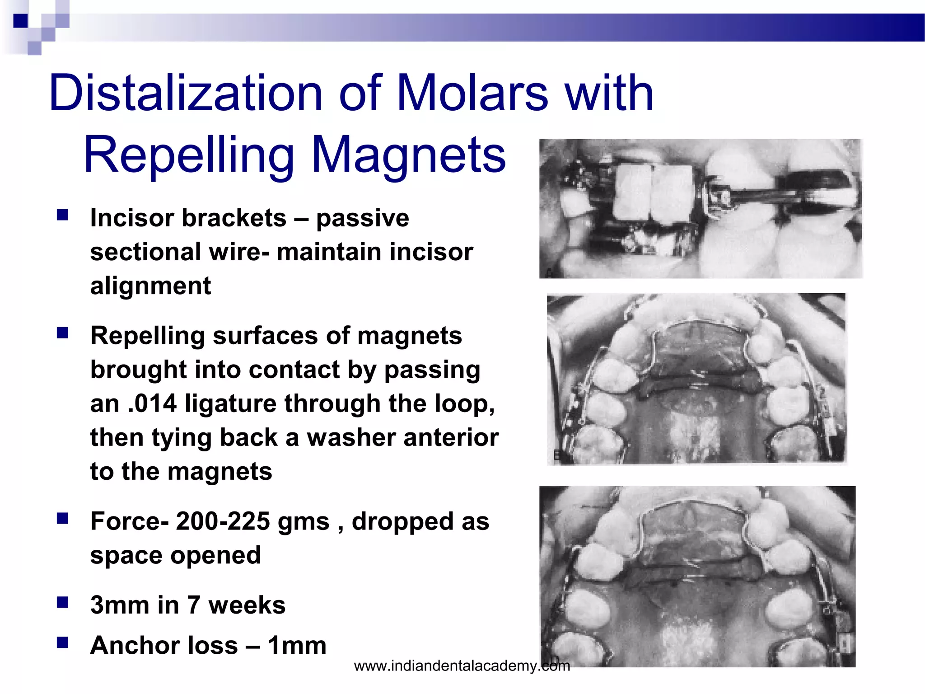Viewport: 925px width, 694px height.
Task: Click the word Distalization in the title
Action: click(x=185, y=94)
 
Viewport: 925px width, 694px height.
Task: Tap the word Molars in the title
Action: click(x=472, y=94)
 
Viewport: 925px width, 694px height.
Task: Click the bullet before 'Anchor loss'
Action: click(x=62, y=642)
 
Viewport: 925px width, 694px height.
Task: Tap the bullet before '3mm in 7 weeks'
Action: click(x=62, y=602)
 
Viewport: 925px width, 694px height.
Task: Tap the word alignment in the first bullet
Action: click(x=150, y=286)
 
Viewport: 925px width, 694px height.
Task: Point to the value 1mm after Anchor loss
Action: click(x=297, y=645)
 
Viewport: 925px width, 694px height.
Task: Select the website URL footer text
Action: click(x=462, y=666)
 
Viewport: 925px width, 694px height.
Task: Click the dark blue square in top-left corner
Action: click(x=20, y=21)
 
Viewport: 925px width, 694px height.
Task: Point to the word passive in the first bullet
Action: click(x=363, y=218)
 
